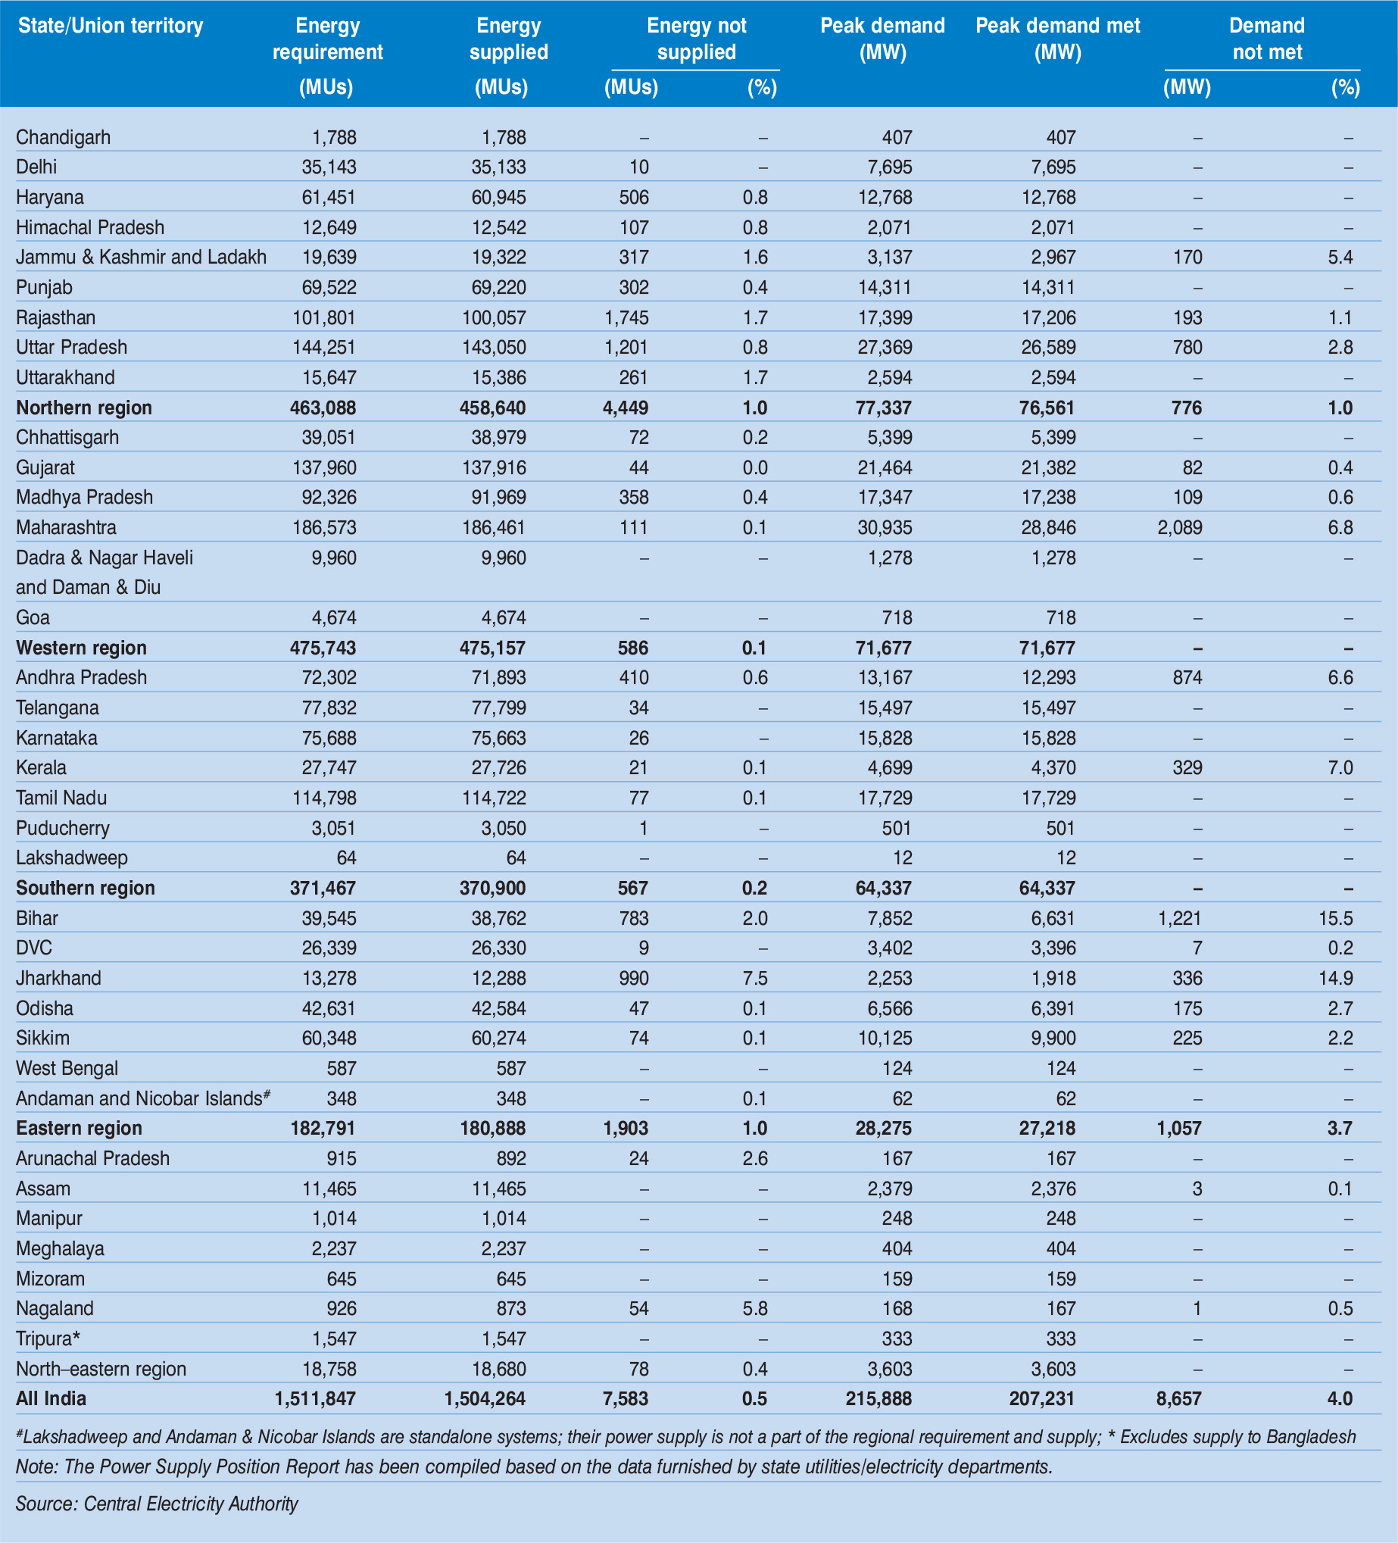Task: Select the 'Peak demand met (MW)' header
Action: [1057, 39]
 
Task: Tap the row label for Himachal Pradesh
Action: [90, 227]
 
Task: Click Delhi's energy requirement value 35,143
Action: [329, 167]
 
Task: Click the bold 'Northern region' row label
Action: [84, 408]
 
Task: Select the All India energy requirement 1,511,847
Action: [315, 1398]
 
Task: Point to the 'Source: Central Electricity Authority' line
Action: [157, 1503]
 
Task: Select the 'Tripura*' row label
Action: [48, 1338]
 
